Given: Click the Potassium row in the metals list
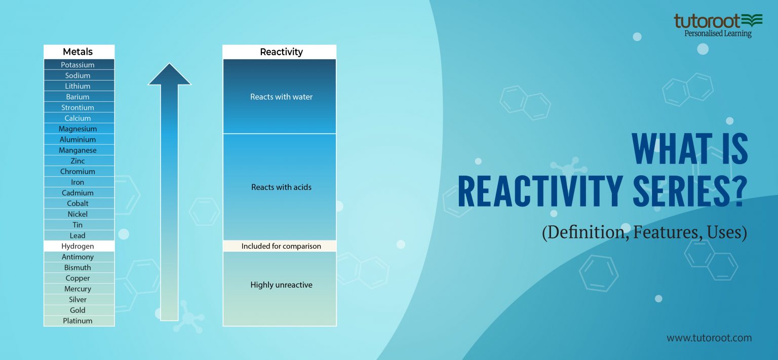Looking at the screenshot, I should [78, 65].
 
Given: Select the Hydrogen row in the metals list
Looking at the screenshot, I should [78, 246].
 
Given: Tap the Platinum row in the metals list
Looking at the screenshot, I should [78, 321].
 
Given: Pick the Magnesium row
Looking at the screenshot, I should [78, 129].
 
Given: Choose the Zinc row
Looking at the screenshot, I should [78, 161].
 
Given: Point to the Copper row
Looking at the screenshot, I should [78, 278].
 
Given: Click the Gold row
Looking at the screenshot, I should [78, 310].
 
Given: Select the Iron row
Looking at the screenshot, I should [78, 182].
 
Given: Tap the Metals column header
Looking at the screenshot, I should [78, 52].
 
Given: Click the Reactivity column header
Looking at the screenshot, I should [281, 52].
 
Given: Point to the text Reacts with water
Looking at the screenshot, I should [281, 97].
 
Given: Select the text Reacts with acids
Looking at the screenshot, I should [281, 187].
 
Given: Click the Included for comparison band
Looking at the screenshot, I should [281, 246].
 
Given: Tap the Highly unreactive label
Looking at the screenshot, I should [281, 285].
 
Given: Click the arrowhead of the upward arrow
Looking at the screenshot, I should [170, 74].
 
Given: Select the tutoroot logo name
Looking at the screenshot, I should [706, 21].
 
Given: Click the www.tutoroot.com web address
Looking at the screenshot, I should [709, 338].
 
